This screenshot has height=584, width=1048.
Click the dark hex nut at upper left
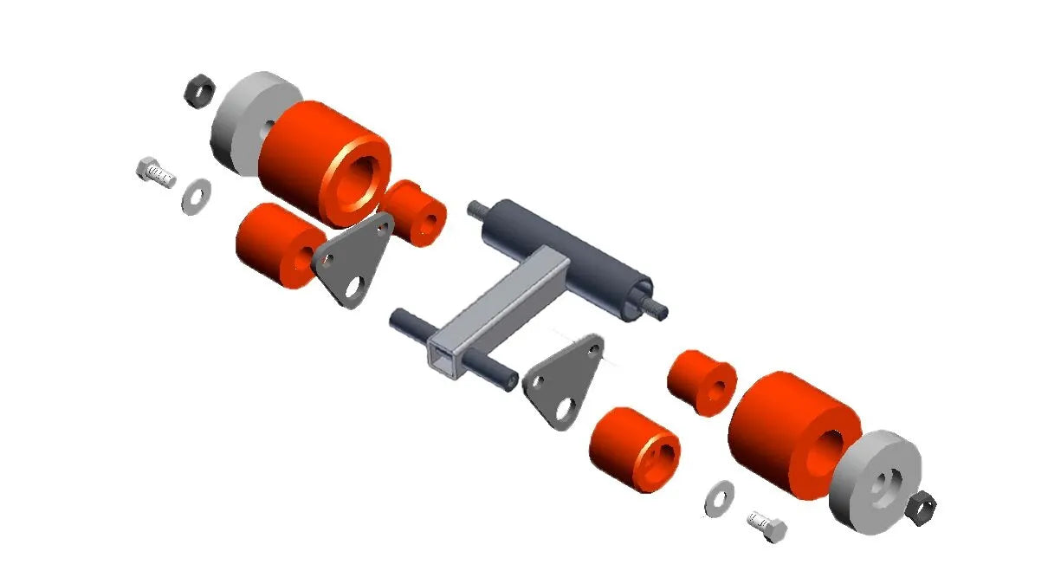[198, 90]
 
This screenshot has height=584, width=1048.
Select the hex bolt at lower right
[767, 525]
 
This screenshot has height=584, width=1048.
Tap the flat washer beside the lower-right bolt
[718, 498]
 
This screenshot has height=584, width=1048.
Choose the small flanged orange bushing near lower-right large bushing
[702, 381]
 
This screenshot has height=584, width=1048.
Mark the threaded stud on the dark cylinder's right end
[656, 308]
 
